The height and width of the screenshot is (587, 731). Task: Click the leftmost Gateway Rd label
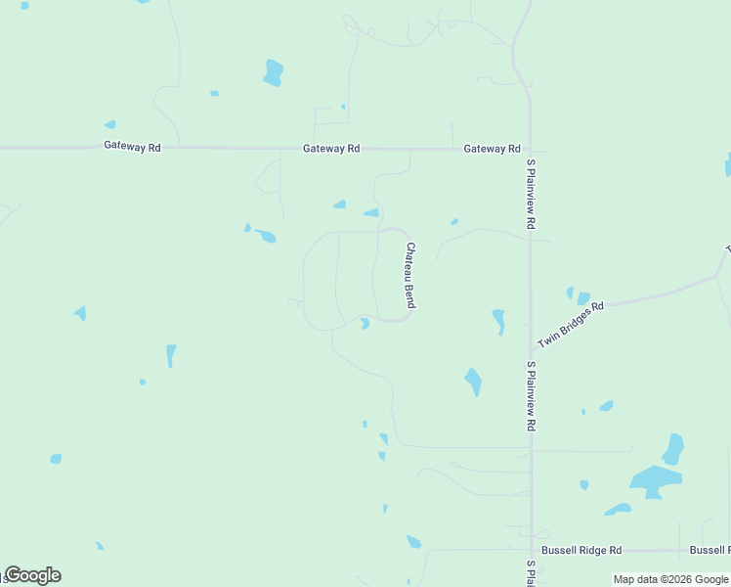132,147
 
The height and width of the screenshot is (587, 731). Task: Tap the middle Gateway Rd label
331,149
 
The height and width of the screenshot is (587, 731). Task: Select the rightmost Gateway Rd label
492,149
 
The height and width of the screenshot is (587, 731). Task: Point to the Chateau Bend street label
410,276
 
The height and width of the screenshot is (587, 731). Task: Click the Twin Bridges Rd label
571,319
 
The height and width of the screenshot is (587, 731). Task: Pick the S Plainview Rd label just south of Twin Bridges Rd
531,396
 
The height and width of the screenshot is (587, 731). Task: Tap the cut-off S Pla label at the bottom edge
531,573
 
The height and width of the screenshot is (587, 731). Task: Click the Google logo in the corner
31,575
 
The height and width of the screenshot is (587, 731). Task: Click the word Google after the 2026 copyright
711,580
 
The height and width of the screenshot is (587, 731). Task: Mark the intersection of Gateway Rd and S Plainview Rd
531,151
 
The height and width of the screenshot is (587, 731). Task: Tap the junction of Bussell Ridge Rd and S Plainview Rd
531,551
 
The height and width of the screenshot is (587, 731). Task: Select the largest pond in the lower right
654,479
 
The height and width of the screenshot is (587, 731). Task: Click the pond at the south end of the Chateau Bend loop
365,324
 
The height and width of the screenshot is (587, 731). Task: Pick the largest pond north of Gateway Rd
273,72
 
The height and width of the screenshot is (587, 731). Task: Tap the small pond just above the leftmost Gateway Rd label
110,125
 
